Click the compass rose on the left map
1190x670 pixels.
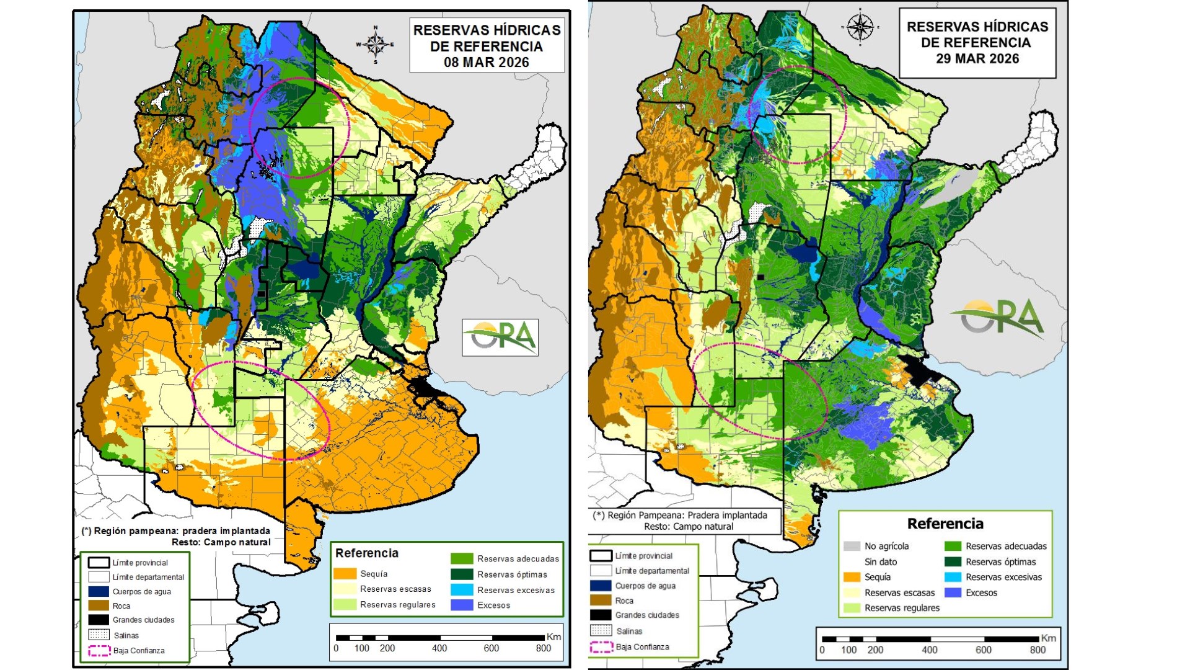click(375, 44)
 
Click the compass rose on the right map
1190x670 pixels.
click(860, 27)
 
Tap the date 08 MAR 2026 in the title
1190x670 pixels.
click(487, 62)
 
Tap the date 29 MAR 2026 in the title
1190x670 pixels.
click(977, 58)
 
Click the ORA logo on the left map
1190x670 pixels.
click(500, 337)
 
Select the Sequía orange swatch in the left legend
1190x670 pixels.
click(345, 574)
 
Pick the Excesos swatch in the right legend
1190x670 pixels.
click(953, 592)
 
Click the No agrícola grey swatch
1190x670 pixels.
click(852, 546)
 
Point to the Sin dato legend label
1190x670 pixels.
click(881, 561)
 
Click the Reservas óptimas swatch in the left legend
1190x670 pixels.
click(462, 574)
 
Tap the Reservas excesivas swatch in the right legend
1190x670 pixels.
click(953, 577)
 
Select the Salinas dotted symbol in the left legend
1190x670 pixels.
click(99, 635)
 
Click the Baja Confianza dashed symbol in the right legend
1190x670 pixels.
click(600, 646)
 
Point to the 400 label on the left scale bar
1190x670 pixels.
click(439, 648)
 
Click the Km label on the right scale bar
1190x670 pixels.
click(1048, 638)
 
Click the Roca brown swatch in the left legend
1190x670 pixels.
click(99, 605)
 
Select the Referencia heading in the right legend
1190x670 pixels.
click(945, 524)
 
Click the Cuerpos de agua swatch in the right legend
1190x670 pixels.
click(600, 586)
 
